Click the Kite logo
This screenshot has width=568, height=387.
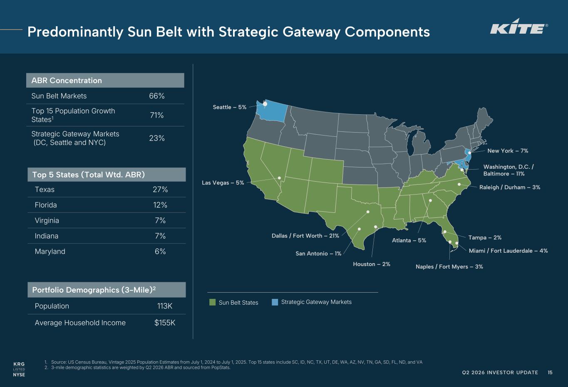point(519,27)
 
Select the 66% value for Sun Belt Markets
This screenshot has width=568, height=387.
point(157,96)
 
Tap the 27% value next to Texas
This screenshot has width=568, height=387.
point(160,190)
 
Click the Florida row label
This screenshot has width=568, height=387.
point(46,205)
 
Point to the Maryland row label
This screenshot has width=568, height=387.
point(50,251)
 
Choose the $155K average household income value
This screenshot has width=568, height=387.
point(165,323)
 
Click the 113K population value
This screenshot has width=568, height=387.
point(165,306)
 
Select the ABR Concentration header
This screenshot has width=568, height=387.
point(67,81)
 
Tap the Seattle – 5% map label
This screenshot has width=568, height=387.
point(229,107)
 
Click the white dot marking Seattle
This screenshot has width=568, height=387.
point(265,104)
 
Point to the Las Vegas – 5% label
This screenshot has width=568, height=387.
point(223,182)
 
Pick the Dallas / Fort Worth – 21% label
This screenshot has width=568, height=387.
point(305,236)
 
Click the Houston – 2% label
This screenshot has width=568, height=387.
point(372,264)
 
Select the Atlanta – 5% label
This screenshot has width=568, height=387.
point(409,240)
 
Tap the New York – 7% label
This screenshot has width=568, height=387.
point(508,151)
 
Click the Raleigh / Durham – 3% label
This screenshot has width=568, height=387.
point(510,187)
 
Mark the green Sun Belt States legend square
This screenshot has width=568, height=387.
point(213,302)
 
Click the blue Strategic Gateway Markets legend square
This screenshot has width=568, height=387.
point(275,302)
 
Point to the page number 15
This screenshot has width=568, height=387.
point(550,372)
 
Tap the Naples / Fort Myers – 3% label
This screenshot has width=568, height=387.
point(449,267)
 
